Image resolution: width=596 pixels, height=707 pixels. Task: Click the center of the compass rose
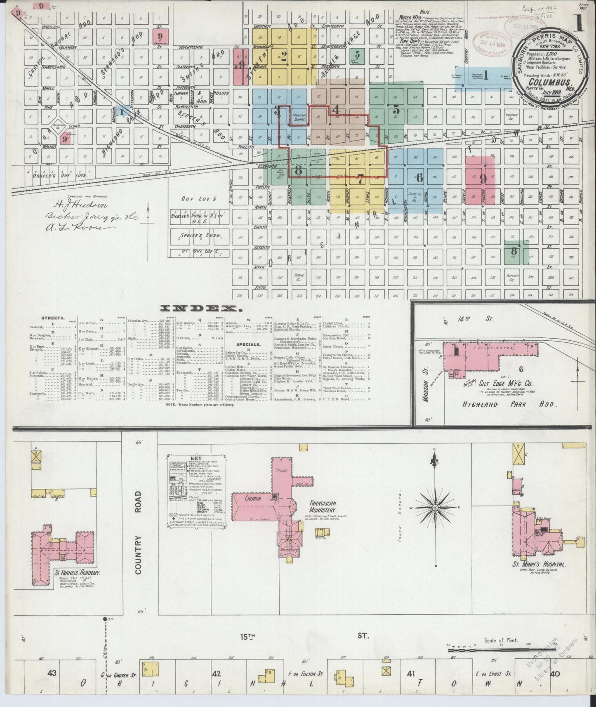coord(436,508)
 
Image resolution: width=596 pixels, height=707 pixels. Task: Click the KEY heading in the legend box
coord(194,458)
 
